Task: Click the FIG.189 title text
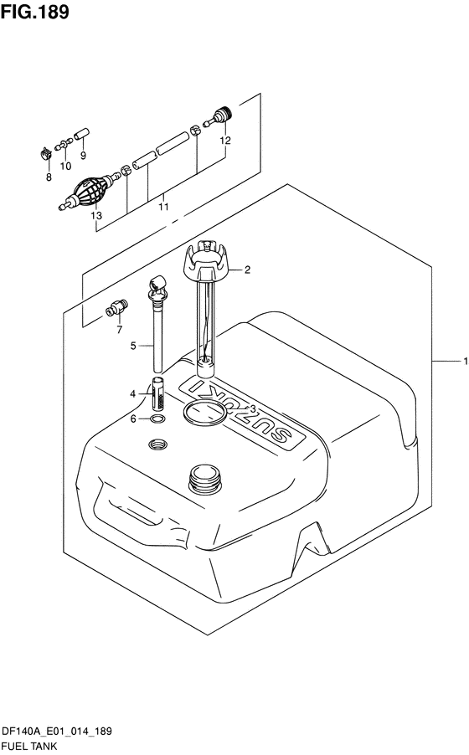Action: pos(34,12)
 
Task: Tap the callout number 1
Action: pos(465,361)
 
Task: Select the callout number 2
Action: pos(247,270)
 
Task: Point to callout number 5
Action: pos(133,346)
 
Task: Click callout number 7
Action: pos(120,329)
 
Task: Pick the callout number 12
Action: pos(225,140)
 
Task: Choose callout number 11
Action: pos(163,207)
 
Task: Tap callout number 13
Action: pos(96,215)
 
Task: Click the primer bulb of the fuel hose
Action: pos(88,192)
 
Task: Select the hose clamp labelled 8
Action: pos(45,154)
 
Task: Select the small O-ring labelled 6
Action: pos(157,419)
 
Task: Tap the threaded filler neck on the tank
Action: pos(206,477)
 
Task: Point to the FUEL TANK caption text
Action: pos(29,747)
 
